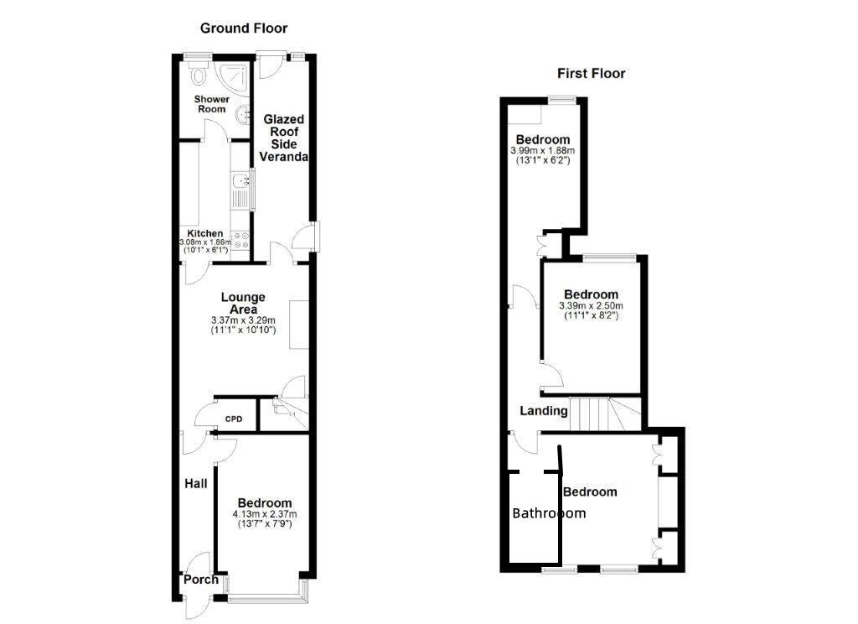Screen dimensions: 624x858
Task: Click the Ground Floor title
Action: point(243,28)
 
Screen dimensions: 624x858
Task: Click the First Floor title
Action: point(592,73)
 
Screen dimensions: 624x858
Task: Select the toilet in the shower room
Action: point(199,76)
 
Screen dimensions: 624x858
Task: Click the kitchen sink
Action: point(241,179)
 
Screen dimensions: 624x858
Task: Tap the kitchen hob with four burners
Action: point(241,239)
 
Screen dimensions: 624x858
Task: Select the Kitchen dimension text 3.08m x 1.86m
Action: point(205,242)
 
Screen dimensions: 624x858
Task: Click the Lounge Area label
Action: point(243,303)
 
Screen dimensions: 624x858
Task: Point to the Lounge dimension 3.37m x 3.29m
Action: point(243,320)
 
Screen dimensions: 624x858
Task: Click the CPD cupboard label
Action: point(233,419)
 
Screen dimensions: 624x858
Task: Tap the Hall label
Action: point(196,483)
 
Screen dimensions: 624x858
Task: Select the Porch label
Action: point(201,580)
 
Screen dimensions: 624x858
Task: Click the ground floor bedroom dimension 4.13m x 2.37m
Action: point(264,514)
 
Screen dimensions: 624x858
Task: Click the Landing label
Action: point(544,411)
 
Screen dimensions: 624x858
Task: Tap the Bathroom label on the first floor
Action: point(549,513)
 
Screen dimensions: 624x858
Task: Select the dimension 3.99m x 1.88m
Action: point(543,150)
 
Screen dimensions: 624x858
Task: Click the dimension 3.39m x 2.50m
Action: point(591,306)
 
